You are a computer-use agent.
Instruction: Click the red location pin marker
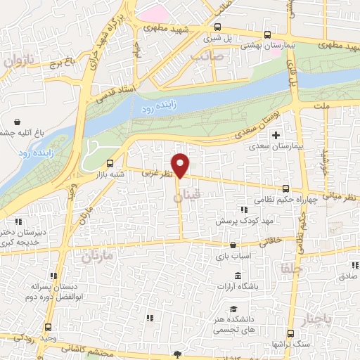[181, 165]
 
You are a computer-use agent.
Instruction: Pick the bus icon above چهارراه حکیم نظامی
[285, 188]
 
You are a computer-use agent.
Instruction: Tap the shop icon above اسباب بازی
[233, 246]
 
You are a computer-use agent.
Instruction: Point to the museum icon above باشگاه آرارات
[238, 274]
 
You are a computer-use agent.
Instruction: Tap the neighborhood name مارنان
[96, 257]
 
